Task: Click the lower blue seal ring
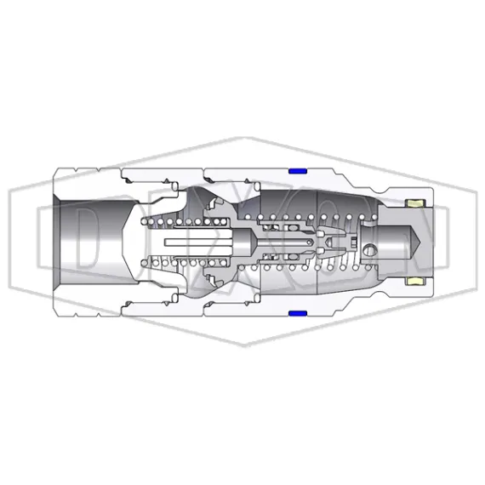click(x=298, y=313)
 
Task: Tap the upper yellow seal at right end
click(x=418, y=204)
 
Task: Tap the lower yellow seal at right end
click(x=418, y=280)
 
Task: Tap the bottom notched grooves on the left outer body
click(x=145, y=305)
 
